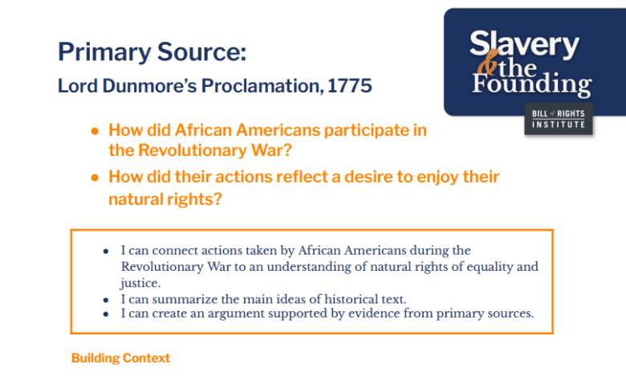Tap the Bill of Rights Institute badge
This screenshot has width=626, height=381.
point(559,119)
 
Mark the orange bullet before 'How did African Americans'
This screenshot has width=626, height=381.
point(95,130)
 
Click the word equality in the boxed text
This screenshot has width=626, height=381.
point(489,266)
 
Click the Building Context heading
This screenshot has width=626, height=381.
point(120,358)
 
